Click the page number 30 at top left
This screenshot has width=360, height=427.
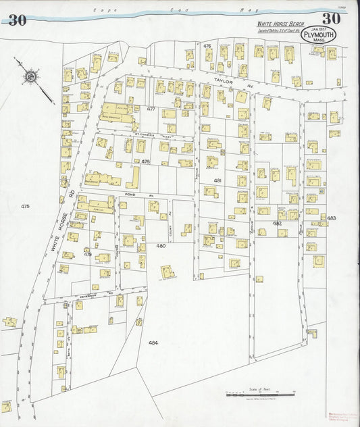click(18, 20)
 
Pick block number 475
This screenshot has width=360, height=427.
click(26, 205)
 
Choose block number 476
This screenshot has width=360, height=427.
click(207, 46)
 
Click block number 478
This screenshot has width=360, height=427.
click(145, 161)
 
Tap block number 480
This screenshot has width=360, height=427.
click(161, 245)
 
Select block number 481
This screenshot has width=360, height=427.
click(217, 181)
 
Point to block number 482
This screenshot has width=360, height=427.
click(277, 223)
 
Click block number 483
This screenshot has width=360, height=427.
click(332, 218)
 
